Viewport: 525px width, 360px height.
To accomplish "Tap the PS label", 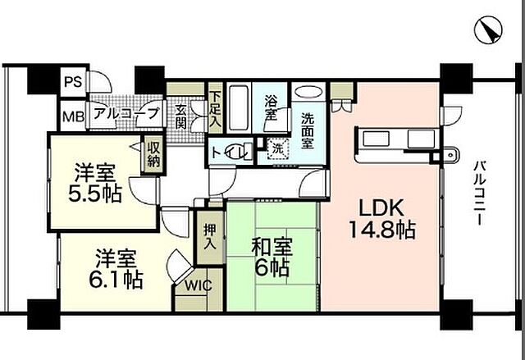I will [73, 83].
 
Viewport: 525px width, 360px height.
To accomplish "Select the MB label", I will [73, 116].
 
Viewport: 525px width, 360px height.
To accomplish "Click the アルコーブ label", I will [125, 115].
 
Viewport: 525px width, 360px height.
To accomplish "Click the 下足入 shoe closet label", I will [214, 107].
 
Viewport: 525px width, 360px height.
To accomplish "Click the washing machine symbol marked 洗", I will [277, 150].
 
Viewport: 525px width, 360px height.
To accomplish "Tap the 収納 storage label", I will [153, 154].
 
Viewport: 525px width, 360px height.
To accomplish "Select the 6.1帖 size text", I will [115, 280].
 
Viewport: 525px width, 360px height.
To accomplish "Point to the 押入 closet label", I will [208, 238].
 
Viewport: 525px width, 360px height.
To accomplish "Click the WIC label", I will [197, 286].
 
